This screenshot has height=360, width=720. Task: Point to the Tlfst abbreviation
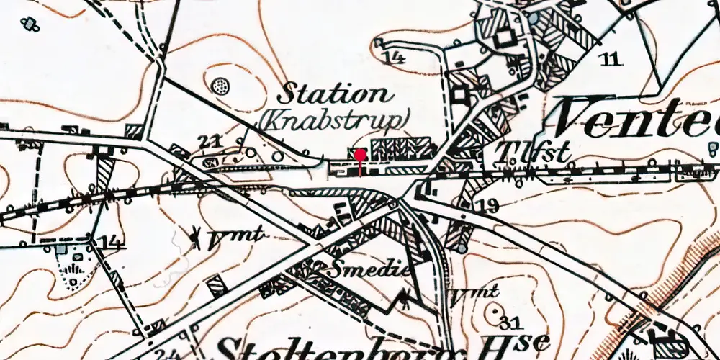(534, 153)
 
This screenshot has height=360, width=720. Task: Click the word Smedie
(370, 270)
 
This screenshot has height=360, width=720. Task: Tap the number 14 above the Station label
(395, 57)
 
